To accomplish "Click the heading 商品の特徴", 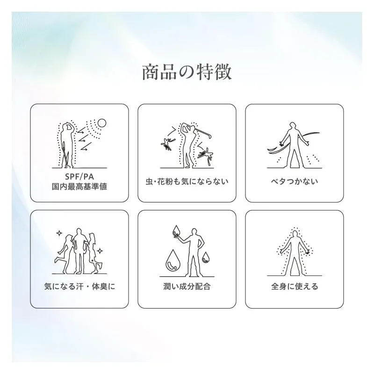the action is pyautogui.click(x=187, y=72).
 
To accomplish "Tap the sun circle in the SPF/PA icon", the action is pyautogui.click(x=102, y=123).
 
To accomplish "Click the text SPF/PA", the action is pyautogui.click(x=79, y=177).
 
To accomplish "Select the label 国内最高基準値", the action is pyautogui.click(x=79, y=187).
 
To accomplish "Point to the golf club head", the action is pyautogui.click(x=209, y=137).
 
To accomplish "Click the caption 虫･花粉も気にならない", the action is pyautogui.click(x=187, y=181).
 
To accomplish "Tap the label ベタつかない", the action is pyautogui.click(x=295, y=181).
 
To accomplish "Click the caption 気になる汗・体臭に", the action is pyautogui.click(x=79, y=286).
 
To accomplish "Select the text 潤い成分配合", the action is pyautogui.click(x=187, y=286).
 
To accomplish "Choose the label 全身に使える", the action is pyautogui.click(x=295, y=286).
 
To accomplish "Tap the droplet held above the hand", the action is pyautogui.click(x=177, y=230).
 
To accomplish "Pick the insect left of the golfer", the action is pyautogui.click(x=167, y=144).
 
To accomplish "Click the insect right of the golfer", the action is pyautogui.click(x=205, y=155).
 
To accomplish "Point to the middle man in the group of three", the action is pyautogui.click(x=79, y=251).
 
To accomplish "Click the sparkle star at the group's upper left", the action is pyautogui.click(x=59, y=233).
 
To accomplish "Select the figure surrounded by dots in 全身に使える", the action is pyautogui.click(x=295, y=253).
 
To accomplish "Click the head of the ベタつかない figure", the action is pyautogui.click(x=293, y=125).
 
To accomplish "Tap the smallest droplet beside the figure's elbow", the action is pyautogui.click(x=206, y=258).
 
